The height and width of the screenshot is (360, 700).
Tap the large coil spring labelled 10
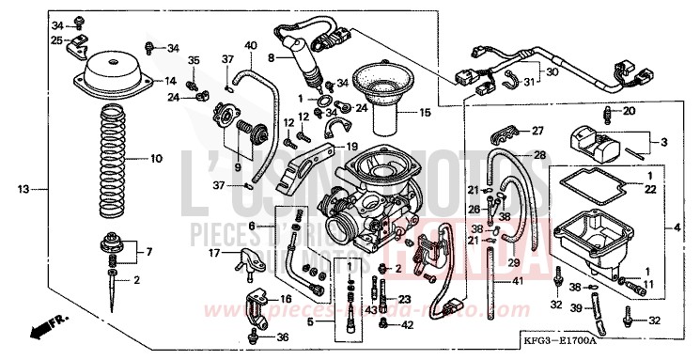pyautogui.click(x=112, y=158)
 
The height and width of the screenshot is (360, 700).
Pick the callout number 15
pyautogui.click(x=426, y=113)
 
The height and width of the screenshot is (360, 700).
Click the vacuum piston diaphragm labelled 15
pyautogui.click(x=384, y=93)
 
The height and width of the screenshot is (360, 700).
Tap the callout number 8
pyautogui.click(x=272, y=57)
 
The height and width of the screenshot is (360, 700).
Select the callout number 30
pyautogui.click(x=551, y=72)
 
